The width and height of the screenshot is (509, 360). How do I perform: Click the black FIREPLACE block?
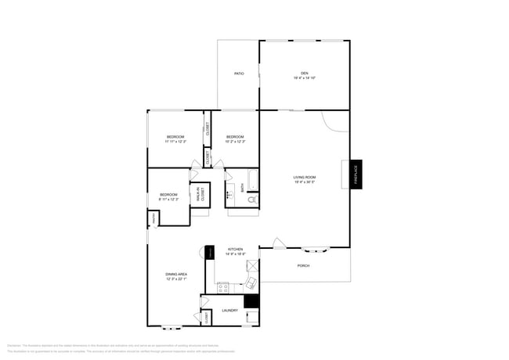click(x=356, y=174)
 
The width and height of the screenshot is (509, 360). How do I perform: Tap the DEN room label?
click(x=305, y=73)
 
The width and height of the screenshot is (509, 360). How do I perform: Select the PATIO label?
click(x=239, y=74)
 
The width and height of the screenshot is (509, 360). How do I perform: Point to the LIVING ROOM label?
click(x=305, y=177)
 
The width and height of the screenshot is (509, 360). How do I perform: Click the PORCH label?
click(x=303, y=266)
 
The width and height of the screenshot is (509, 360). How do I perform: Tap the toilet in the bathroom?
click(x=251, y=200)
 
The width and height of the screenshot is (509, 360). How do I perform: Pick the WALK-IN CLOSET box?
click(x=200, y=195)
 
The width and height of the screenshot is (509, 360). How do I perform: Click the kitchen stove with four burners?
click(x=222, y=287)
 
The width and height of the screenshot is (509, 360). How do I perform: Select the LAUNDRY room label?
click(x=229, y=310)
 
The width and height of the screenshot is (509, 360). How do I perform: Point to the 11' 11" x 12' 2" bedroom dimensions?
click(x=175, y=142)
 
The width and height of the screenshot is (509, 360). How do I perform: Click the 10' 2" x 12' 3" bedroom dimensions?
click(x=236, y=142)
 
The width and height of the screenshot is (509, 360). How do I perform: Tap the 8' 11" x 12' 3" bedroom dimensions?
click(x=169, y=200)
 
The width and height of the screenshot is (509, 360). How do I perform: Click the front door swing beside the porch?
click(x=278, y=243)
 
